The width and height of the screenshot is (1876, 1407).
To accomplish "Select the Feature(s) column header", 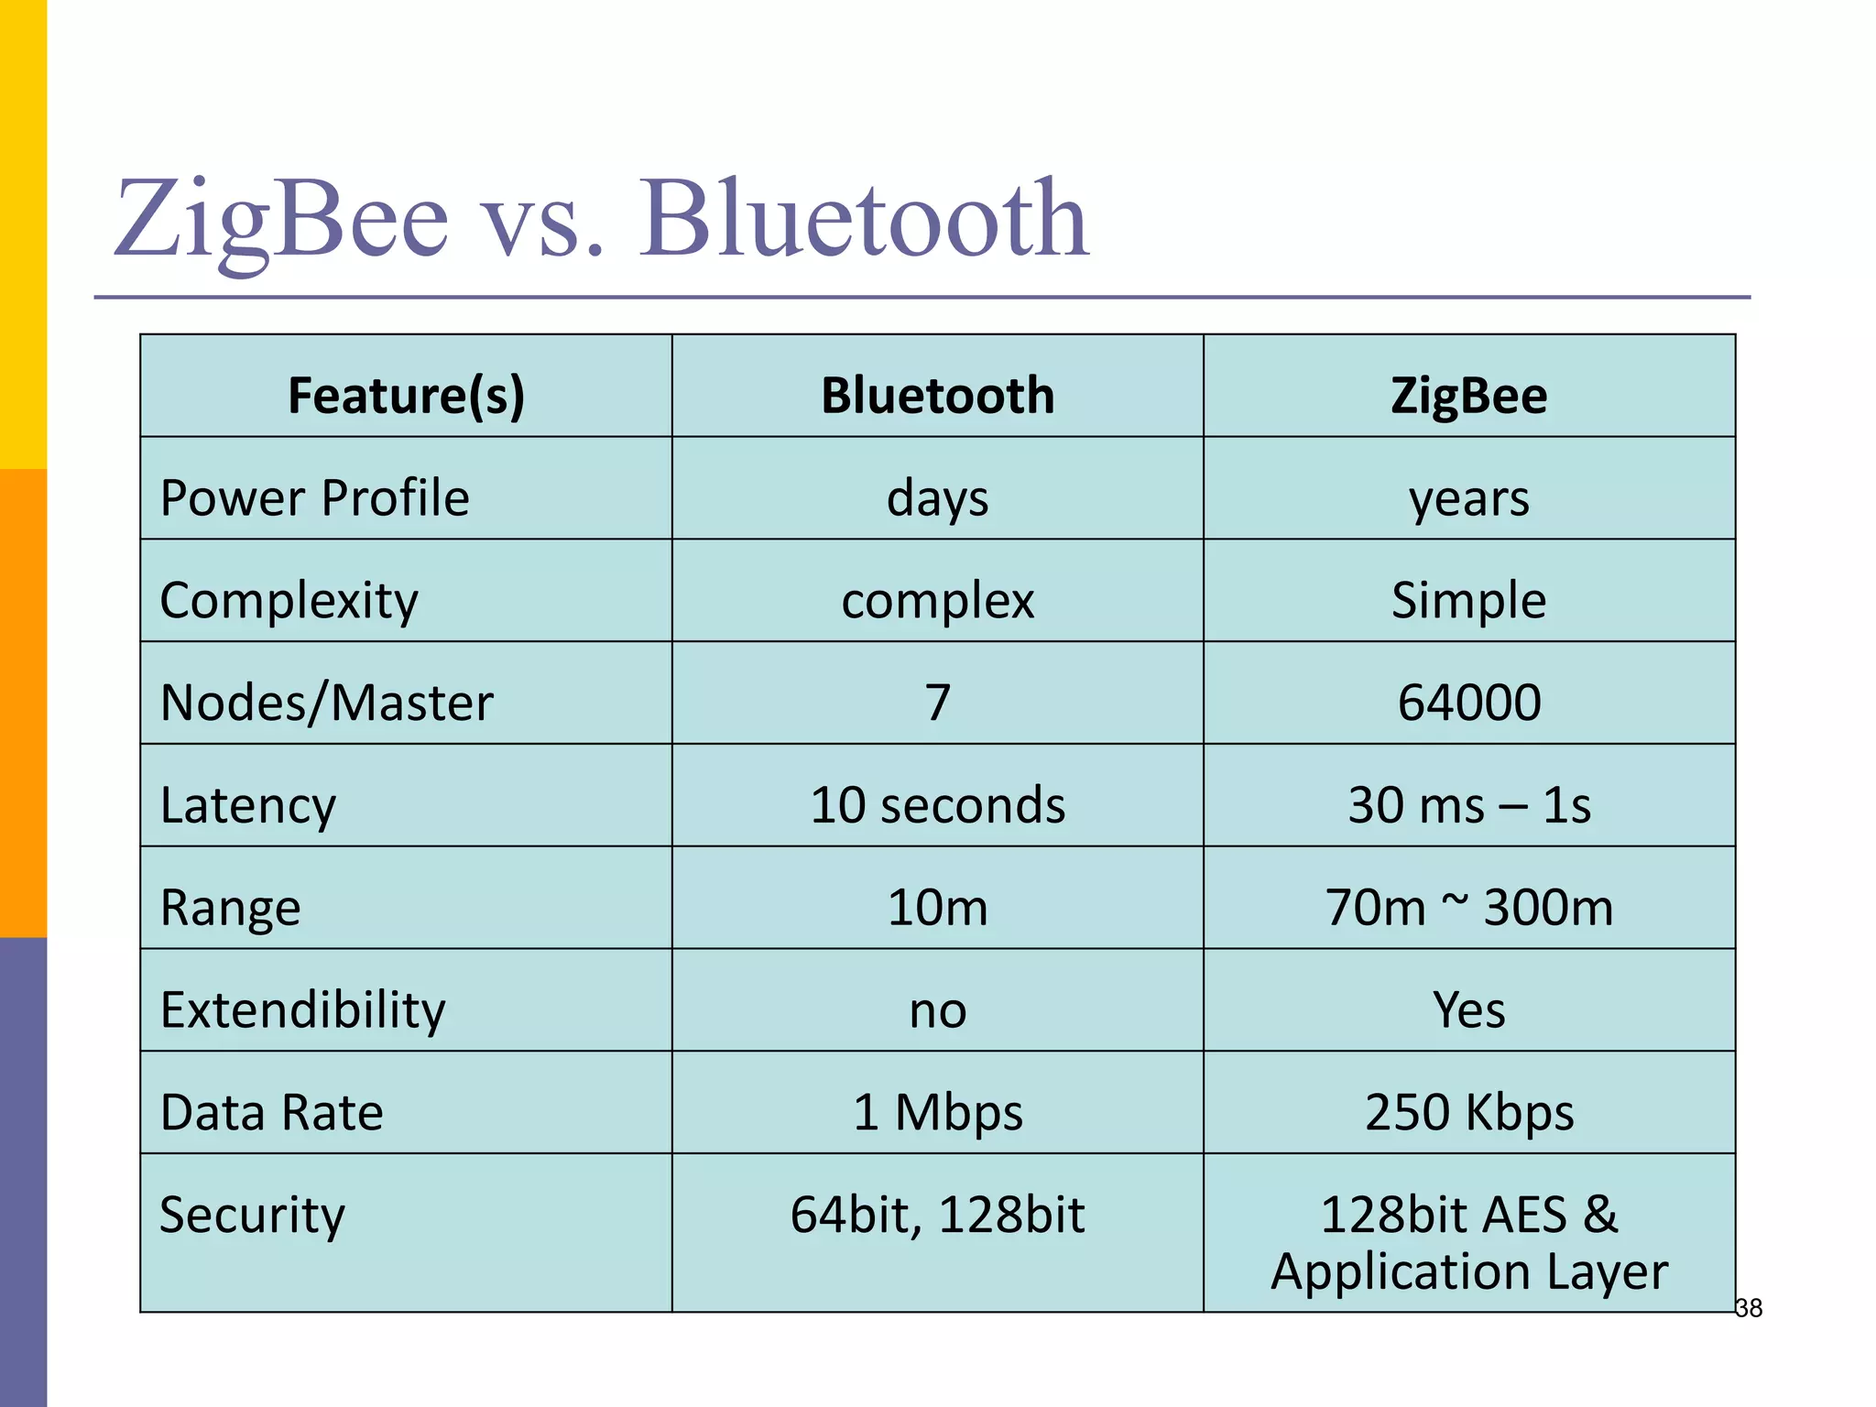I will pos(406,396).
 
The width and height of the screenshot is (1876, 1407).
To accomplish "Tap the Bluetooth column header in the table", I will pos(937,396).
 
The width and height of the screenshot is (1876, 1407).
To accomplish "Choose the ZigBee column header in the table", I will pos(1468,396).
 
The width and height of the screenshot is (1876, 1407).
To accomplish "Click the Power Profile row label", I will pos(314,498).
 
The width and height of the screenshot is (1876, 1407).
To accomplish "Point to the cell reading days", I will pos(937,499).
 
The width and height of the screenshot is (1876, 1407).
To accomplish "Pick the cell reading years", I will pos(1468,499).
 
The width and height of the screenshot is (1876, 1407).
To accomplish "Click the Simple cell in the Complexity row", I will pos(1468,601).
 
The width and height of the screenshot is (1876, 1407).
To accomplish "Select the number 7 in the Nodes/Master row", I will pos(937,703).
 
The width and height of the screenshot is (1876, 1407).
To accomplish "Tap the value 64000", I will pos(1468,703).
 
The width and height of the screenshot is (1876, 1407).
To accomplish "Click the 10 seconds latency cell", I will pos(937,805).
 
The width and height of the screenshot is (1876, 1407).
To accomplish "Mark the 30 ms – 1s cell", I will pos(1468,805).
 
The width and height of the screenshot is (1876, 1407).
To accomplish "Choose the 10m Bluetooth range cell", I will pos(937,908).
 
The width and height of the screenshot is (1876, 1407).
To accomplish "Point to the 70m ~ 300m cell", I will pos(1468,908).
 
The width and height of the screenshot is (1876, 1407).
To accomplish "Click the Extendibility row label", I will pos(302,1010).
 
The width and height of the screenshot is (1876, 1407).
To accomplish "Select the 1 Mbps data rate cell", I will pos(937,1112).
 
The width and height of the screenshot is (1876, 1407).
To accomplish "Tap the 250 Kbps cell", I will pos(1468,1112).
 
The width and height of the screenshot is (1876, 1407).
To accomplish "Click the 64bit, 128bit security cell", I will pos(937,1215).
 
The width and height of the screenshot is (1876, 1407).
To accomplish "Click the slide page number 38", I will pos(1749,1308).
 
